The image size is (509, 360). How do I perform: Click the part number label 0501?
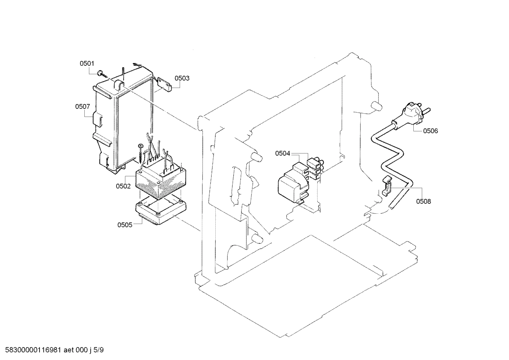(87, 64)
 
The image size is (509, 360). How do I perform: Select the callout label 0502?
(123, 186)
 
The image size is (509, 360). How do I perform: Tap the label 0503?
(182, 78)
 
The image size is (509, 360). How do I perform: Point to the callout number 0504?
(282, 153)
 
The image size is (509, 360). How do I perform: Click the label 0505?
(125, 225)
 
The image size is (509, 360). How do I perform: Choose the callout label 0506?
(430, 131)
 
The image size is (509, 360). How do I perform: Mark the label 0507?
(82, 106)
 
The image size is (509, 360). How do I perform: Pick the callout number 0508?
(423, 202)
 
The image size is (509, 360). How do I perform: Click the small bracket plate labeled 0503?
(164, 84)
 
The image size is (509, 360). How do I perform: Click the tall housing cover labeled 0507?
(124, 120)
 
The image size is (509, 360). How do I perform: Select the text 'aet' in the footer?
(69, 350)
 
